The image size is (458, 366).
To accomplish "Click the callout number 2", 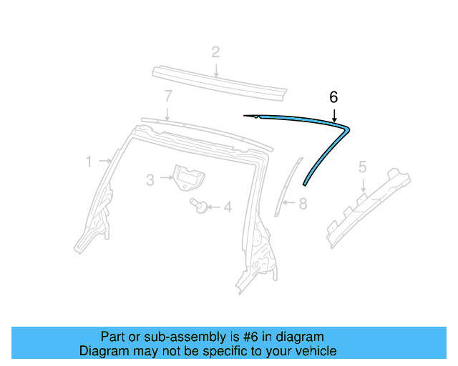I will pyautogui.click(x=215, y=51).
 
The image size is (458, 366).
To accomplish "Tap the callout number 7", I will pyautogui.click(x=167, y=95).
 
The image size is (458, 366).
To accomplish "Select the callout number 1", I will pyautogui.click(x=89, y=162).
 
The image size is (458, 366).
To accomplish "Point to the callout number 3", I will pyautogui.click(x=150, y=179).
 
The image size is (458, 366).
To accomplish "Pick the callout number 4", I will pyautogui.click(x=228, y=208).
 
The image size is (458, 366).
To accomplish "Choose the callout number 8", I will pyautogui.click(x=303, y=204).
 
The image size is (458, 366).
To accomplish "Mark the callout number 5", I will pyautogui.click(x=362, y=167).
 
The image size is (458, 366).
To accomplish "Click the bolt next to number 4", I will pyautogui.click(x=199, y=207).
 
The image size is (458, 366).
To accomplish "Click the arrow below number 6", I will pyautogui.click(x=333, y=113).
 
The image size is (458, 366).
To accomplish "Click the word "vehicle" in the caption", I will pyautogui.click(x=315, y=351).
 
